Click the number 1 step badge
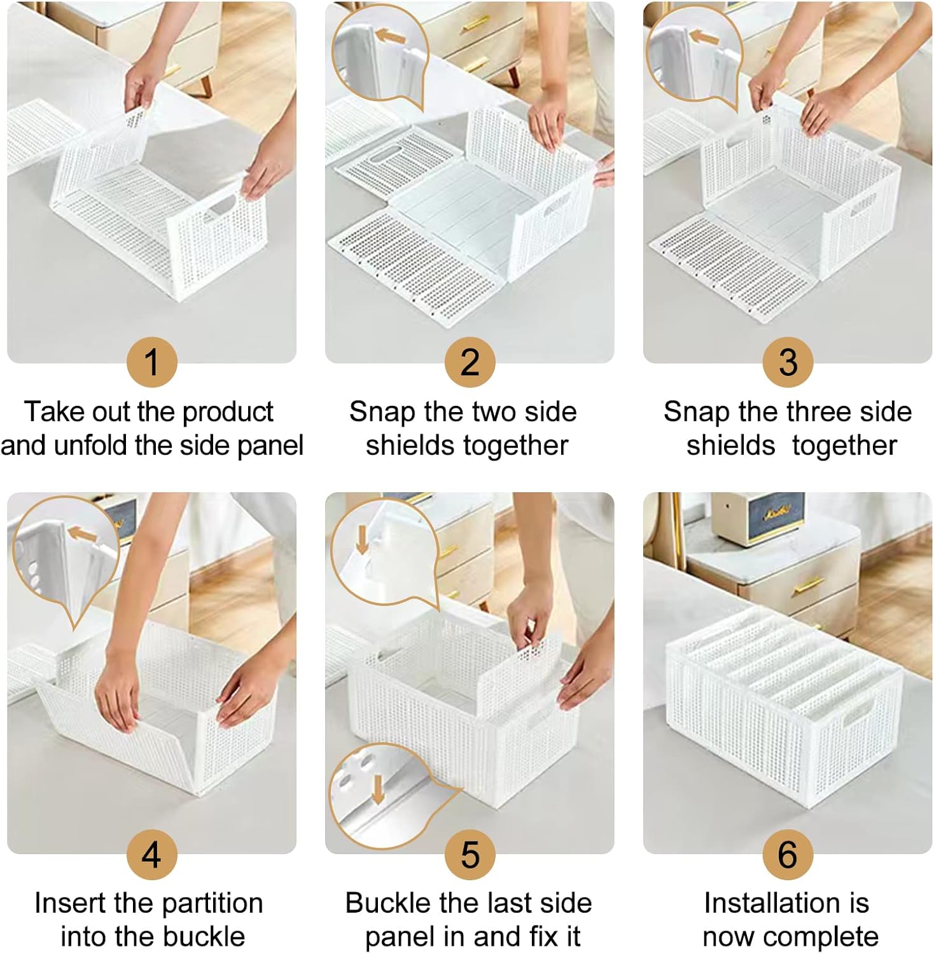151,362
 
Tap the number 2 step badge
470,362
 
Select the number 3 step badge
788,362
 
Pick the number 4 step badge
151,854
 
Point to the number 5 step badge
470,854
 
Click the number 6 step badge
788,854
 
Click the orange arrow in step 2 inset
389,36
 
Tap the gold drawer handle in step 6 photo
808,584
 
